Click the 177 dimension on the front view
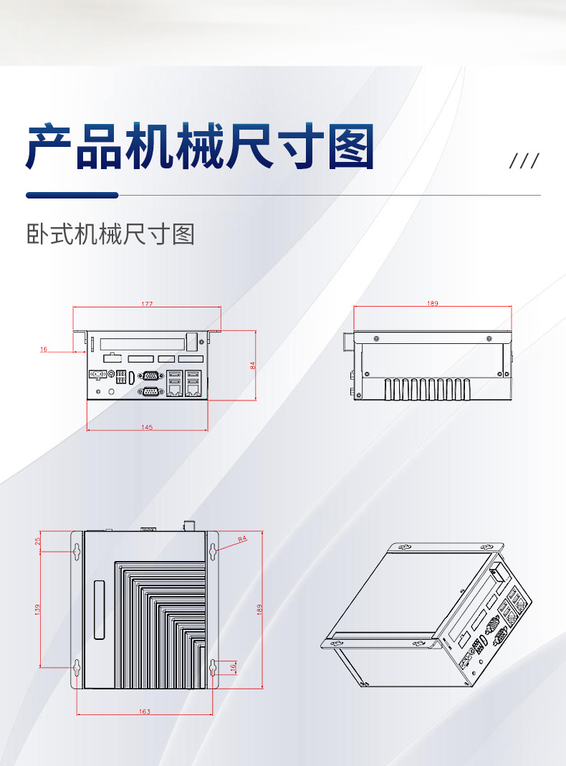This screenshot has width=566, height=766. pos(147,305)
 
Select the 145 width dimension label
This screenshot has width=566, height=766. pos(147,427)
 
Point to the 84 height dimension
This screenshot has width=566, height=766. pos(252,365)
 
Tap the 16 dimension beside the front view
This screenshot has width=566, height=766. pos(44,349)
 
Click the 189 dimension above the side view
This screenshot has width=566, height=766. pos(433,304)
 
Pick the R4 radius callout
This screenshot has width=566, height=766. pos(242,537)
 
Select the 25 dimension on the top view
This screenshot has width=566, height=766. pos(37,541)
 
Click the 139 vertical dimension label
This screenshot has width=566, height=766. pos(37,609)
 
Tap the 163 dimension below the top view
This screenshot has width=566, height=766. pos(145,712)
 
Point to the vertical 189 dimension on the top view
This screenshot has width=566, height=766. pos(259,609)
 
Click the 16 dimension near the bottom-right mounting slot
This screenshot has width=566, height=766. pos(233,666)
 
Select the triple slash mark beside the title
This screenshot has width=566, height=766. pos(524,161)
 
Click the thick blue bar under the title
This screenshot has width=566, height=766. pos(72,195)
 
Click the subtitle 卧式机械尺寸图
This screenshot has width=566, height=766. pos(110,234)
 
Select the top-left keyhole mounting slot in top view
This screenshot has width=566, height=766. pos(77,550)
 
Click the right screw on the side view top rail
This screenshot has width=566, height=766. pos(489,338)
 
